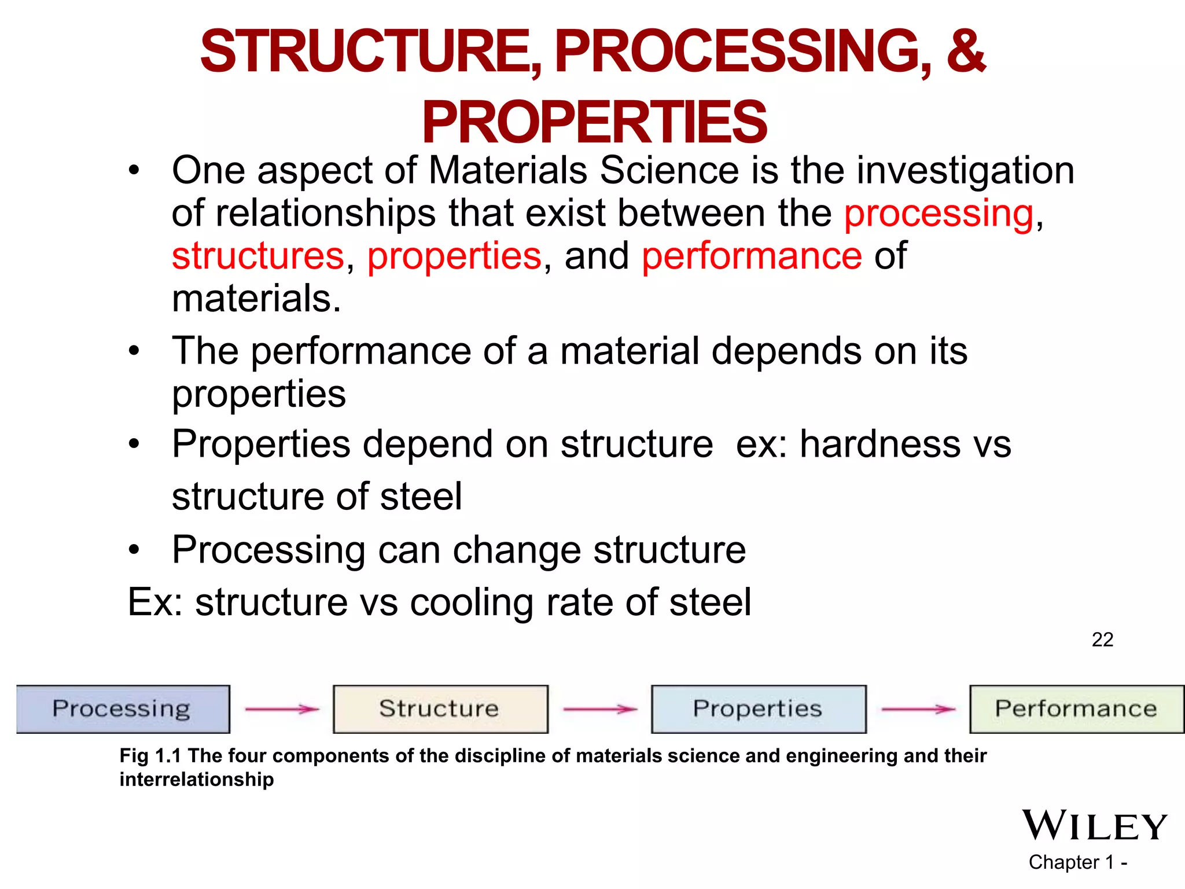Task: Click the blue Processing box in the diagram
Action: tap(123, 709)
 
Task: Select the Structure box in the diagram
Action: tap(440, 709)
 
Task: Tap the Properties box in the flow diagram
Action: tap(758, 709)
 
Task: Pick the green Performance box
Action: tap(1076, 709)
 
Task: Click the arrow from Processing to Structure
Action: tap(282, 709)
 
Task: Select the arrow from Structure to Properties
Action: tap(600, 709)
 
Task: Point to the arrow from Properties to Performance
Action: tap(918, 709)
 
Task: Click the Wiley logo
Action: tap(1094, 825)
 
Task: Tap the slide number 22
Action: tap(1102, 640)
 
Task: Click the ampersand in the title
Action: tap(965, 52)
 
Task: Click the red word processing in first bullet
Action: tap(939, 214)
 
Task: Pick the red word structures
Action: tap(258, 256)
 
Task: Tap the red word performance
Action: tap(752, 256)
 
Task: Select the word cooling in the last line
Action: tap(472, 603)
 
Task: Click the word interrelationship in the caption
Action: tap(197, 780)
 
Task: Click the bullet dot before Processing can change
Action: tap(134, 550)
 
